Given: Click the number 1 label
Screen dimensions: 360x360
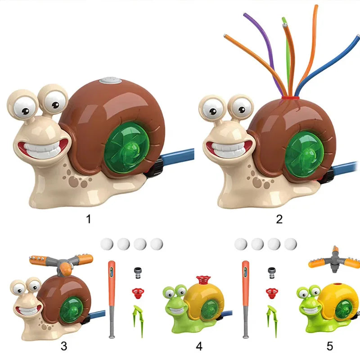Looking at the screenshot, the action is [89, 219].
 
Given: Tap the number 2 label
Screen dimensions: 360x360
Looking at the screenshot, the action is [279, 219].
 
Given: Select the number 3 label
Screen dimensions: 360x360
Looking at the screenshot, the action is [64, 346].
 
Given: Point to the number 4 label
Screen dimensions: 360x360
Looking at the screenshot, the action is [199, 346].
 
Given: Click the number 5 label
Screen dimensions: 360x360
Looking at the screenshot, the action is [330, 346].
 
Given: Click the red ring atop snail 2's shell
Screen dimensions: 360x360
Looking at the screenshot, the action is [290, 98].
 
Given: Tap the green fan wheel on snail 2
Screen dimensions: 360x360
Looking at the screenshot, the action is [304, 155].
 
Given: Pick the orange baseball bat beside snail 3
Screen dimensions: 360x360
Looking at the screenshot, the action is [112, 299].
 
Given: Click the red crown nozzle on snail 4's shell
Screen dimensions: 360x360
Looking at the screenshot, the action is [203, 280].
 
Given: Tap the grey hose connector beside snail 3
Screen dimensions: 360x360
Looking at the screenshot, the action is [138, 273].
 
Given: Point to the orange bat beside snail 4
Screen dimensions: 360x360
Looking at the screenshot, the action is [245, 299].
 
